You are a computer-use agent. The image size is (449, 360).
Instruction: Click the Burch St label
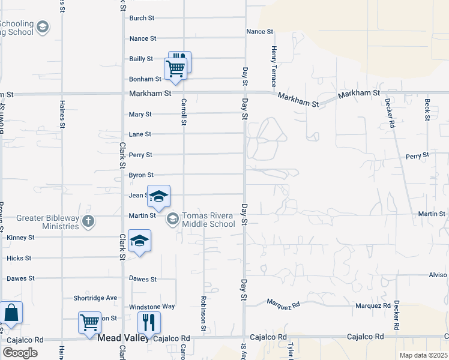pos(142,18)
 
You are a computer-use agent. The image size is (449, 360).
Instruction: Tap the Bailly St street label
pos(141,59)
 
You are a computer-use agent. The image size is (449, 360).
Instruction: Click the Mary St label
pos(140,114)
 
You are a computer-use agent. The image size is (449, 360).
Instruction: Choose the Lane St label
pos(140,134)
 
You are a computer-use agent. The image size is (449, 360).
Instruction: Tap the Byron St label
pos(141,175)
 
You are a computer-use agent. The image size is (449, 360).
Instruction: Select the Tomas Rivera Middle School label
pos(208,220)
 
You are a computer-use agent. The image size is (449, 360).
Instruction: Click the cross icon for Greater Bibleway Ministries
pos(88,221)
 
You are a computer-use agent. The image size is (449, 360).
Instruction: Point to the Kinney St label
pos(20,238)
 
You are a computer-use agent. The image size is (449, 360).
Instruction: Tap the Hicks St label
pos(19,258)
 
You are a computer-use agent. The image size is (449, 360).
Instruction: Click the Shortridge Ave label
pos(95,298)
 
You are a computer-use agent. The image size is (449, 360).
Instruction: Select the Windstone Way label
pos(152,307)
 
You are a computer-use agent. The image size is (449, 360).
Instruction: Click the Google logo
pos(20,352)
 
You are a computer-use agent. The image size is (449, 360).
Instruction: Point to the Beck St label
pos(427,110)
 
